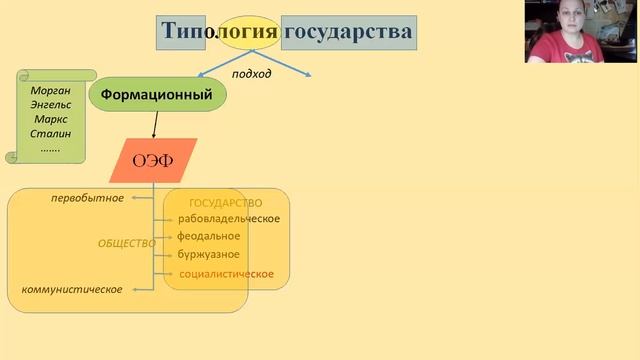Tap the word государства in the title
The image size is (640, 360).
click(348, 33)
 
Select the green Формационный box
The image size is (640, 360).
click(158, 95)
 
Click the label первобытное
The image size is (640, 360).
click(88, 198)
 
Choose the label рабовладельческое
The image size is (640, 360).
click(229, 219)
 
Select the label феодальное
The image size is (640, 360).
click(209, 236)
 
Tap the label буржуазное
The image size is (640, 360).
click(209, 254)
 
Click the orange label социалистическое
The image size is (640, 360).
click(226, 274)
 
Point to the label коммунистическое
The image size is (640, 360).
click(72, 290)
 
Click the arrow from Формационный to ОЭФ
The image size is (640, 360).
click(155, 124)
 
